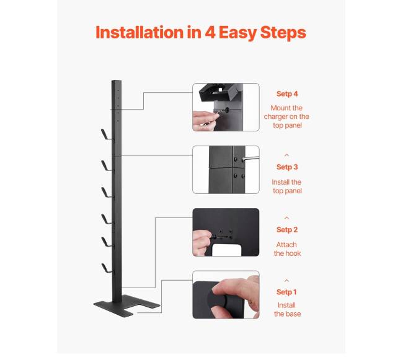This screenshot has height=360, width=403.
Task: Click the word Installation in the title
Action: point(139,32)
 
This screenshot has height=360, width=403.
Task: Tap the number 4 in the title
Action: point(210,32)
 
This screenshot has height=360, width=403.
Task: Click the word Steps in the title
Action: point(283,33)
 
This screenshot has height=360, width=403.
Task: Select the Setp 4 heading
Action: point(287,94)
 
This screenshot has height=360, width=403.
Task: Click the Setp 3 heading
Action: point(287,167)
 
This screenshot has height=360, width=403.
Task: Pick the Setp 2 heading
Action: point(287,230)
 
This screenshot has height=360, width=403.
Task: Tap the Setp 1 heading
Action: point(286,292)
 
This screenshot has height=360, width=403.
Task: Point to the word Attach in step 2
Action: point(286,245)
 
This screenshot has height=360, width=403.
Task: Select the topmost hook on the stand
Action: point(106,134)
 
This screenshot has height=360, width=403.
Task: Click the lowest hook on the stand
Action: point(107,268)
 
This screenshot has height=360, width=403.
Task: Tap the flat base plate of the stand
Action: point(126,305)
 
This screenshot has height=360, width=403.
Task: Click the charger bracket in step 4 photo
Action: point(218,93)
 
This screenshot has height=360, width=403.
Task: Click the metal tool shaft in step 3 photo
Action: point(250,159)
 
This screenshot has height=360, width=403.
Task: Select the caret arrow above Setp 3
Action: point(286,155)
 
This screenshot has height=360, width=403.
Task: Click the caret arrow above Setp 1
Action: point(286,281)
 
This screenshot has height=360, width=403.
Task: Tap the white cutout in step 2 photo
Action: point(227,250)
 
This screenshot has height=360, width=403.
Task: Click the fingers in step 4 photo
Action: point(205,121)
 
